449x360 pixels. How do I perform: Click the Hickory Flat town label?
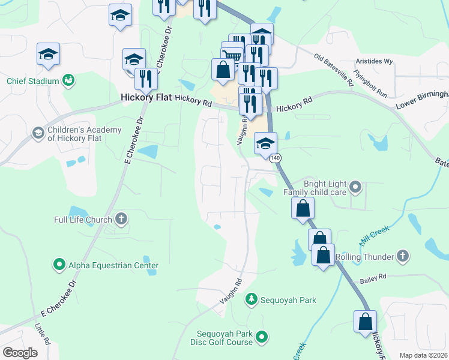(x=146, y=97)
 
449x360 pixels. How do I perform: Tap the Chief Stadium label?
(x=33, y=81)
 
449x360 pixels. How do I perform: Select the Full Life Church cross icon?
(x=121, y=219)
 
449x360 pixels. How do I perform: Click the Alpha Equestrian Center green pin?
(x=59, y=264)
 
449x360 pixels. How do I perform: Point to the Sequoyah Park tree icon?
(x=252, y=299)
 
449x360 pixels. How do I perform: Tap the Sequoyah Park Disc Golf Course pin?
(x=262, y=338)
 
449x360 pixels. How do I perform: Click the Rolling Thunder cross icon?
(x=403, y=257)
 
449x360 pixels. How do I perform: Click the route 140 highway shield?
(x=275, y=158)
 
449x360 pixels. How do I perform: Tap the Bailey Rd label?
(x=373, y=277)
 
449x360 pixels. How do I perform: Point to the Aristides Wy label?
(x=374, y=61)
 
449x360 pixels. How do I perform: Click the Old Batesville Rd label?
(x=334, y=69)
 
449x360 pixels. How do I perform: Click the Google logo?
(x=20, y=353)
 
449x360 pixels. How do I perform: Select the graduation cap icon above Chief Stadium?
(x=48, y=54)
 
